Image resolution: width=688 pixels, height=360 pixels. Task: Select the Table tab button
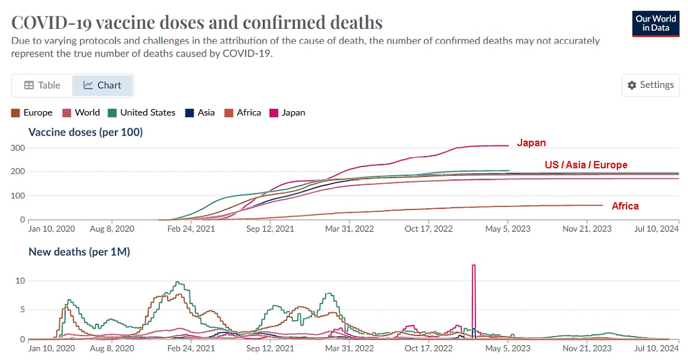[x=42, y=85]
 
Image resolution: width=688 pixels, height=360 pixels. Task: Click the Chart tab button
[x=103, y=85]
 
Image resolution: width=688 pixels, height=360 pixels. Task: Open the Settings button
[x=651, y=85]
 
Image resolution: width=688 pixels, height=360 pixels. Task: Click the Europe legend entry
[x=33, y=112]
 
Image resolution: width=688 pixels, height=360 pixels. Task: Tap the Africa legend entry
[x=243, y=112]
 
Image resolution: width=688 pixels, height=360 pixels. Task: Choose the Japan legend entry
[x=287, y=112]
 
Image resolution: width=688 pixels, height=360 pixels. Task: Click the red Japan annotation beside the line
[x=531, y=143]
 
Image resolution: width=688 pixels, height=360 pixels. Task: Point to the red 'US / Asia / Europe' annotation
[x=585, y=165]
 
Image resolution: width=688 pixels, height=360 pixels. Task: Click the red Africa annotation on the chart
[x=625, y=206]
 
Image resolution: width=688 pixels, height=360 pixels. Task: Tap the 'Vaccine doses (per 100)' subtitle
[x=85, y=131]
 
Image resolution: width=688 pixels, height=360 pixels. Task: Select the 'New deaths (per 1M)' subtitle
[x=79, y=251]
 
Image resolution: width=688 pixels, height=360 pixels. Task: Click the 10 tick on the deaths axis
[x=19, y=281]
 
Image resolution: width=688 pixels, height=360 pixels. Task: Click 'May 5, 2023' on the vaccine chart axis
[x=507, y=229]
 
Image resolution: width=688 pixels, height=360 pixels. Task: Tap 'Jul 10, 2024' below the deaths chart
[x=656, y=348]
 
